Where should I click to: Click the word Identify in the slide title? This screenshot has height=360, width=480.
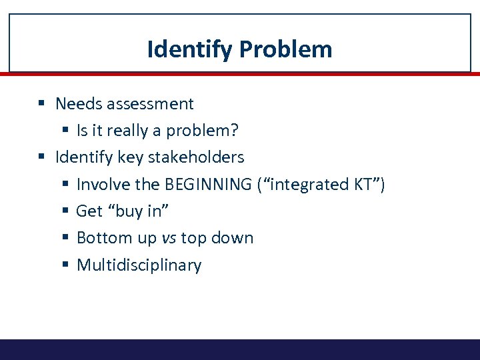coord(189,49)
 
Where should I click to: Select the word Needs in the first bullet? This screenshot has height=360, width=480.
coord(75,104)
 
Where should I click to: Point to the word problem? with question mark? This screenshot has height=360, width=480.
coord(198,131)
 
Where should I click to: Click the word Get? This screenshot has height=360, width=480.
coord(89,211)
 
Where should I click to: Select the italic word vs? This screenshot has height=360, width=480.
coord(169,238)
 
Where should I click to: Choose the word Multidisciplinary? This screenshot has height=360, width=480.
coord(139,265)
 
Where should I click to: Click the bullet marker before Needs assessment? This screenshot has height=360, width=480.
coord(41,104)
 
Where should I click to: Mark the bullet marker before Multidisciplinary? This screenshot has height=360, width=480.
coord(65,265)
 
